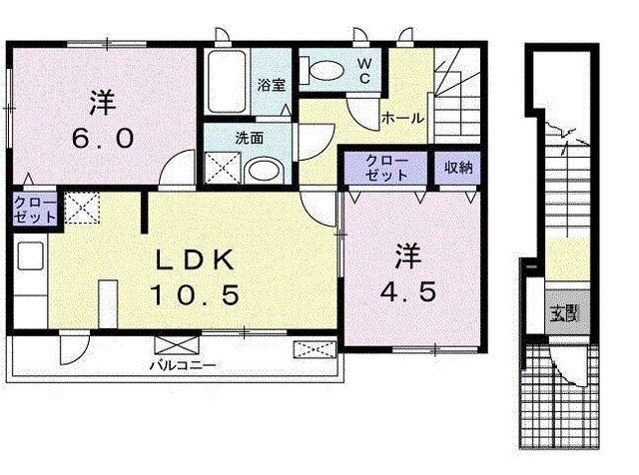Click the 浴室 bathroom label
(272, 86)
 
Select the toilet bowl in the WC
(323, 72)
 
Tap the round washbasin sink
(264, 171)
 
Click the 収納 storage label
(459, 167)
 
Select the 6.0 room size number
(104, 139)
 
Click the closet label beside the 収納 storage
(386, 167)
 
